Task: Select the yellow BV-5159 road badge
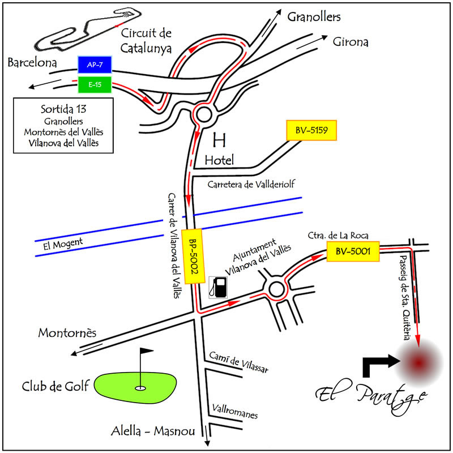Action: tap(312, 131)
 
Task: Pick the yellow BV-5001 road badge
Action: tap(352, 251)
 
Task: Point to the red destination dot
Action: tap(418, 362)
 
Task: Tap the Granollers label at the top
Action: tap(314, 17)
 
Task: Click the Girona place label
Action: tap(351, 42)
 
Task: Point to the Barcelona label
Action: tap(32, 63)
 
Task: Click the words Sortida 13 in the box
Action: tap(62, 109)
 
